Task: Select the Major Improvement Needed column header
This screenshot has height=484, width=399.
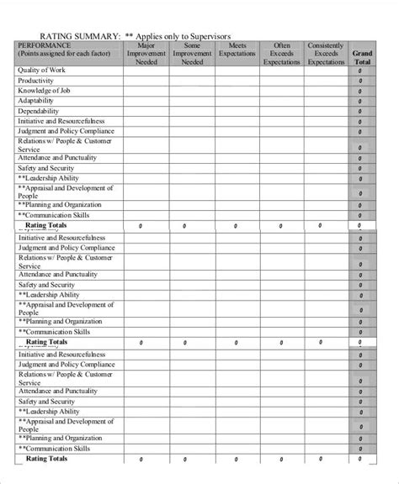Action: coord(146,54)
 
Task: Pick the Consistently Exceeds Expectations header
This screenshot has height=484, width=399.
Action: coord(326,54)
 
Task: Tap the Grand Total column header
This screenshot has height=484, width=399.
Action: coord(362,57)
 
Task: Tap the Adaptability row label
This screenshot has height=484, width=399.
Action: coord(38,101)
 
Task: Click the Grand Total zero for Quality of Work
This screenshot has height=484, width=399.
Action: coord(360,71)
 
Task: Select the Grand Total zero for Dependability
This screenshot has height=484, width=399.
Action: coord(360,112)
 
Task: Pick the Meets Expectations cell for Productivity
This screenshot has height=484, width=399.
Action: coord(237,81)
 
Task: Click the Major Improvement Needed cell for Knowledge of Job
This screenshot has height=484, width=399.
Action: coord(146,91)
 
